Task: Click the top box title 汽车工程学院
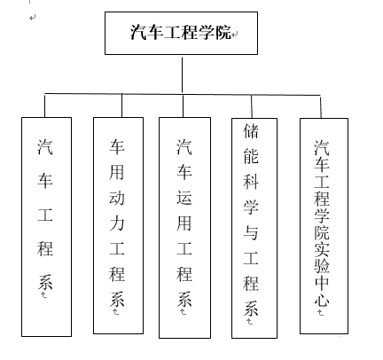[x=181, y=32]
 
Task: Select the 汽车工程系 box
[x=46, y=227]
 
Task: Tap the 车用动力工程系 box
[x=118, y=225]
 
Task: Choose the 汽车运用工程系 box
[x=184, y=228]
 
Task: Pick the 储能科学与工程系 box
[x=254, y=228]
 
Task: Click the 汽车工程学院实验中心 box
[x=324, y=226]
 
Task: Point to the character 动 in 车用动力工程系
[x=117, y=198]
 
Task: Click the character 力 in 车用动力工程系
[x=117, y=223]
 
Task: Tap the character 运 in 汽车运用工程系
[x=184, y=198]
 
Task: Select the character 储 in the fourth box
[x=251, y=130]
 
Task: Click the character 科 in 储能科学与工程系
[x=251, y=181]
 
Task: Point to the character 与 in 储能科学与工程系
[x=251, y=232]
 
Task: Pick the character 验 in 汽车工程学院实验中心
[x=322, y=266]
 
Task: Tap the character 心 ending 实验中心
[x=322, y=300]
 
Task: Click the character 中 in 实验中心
[x=322, y=283]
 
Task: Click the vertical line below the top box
[x=182, y=75]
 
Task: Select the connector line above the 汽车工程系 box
[x=45, y=106]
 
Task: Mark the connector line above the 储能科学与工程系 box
[x=252, y=106]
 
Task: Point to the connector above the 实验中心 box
[x=321, y=106]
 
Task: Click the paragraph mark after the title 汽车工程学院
[x=235, y=35]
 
